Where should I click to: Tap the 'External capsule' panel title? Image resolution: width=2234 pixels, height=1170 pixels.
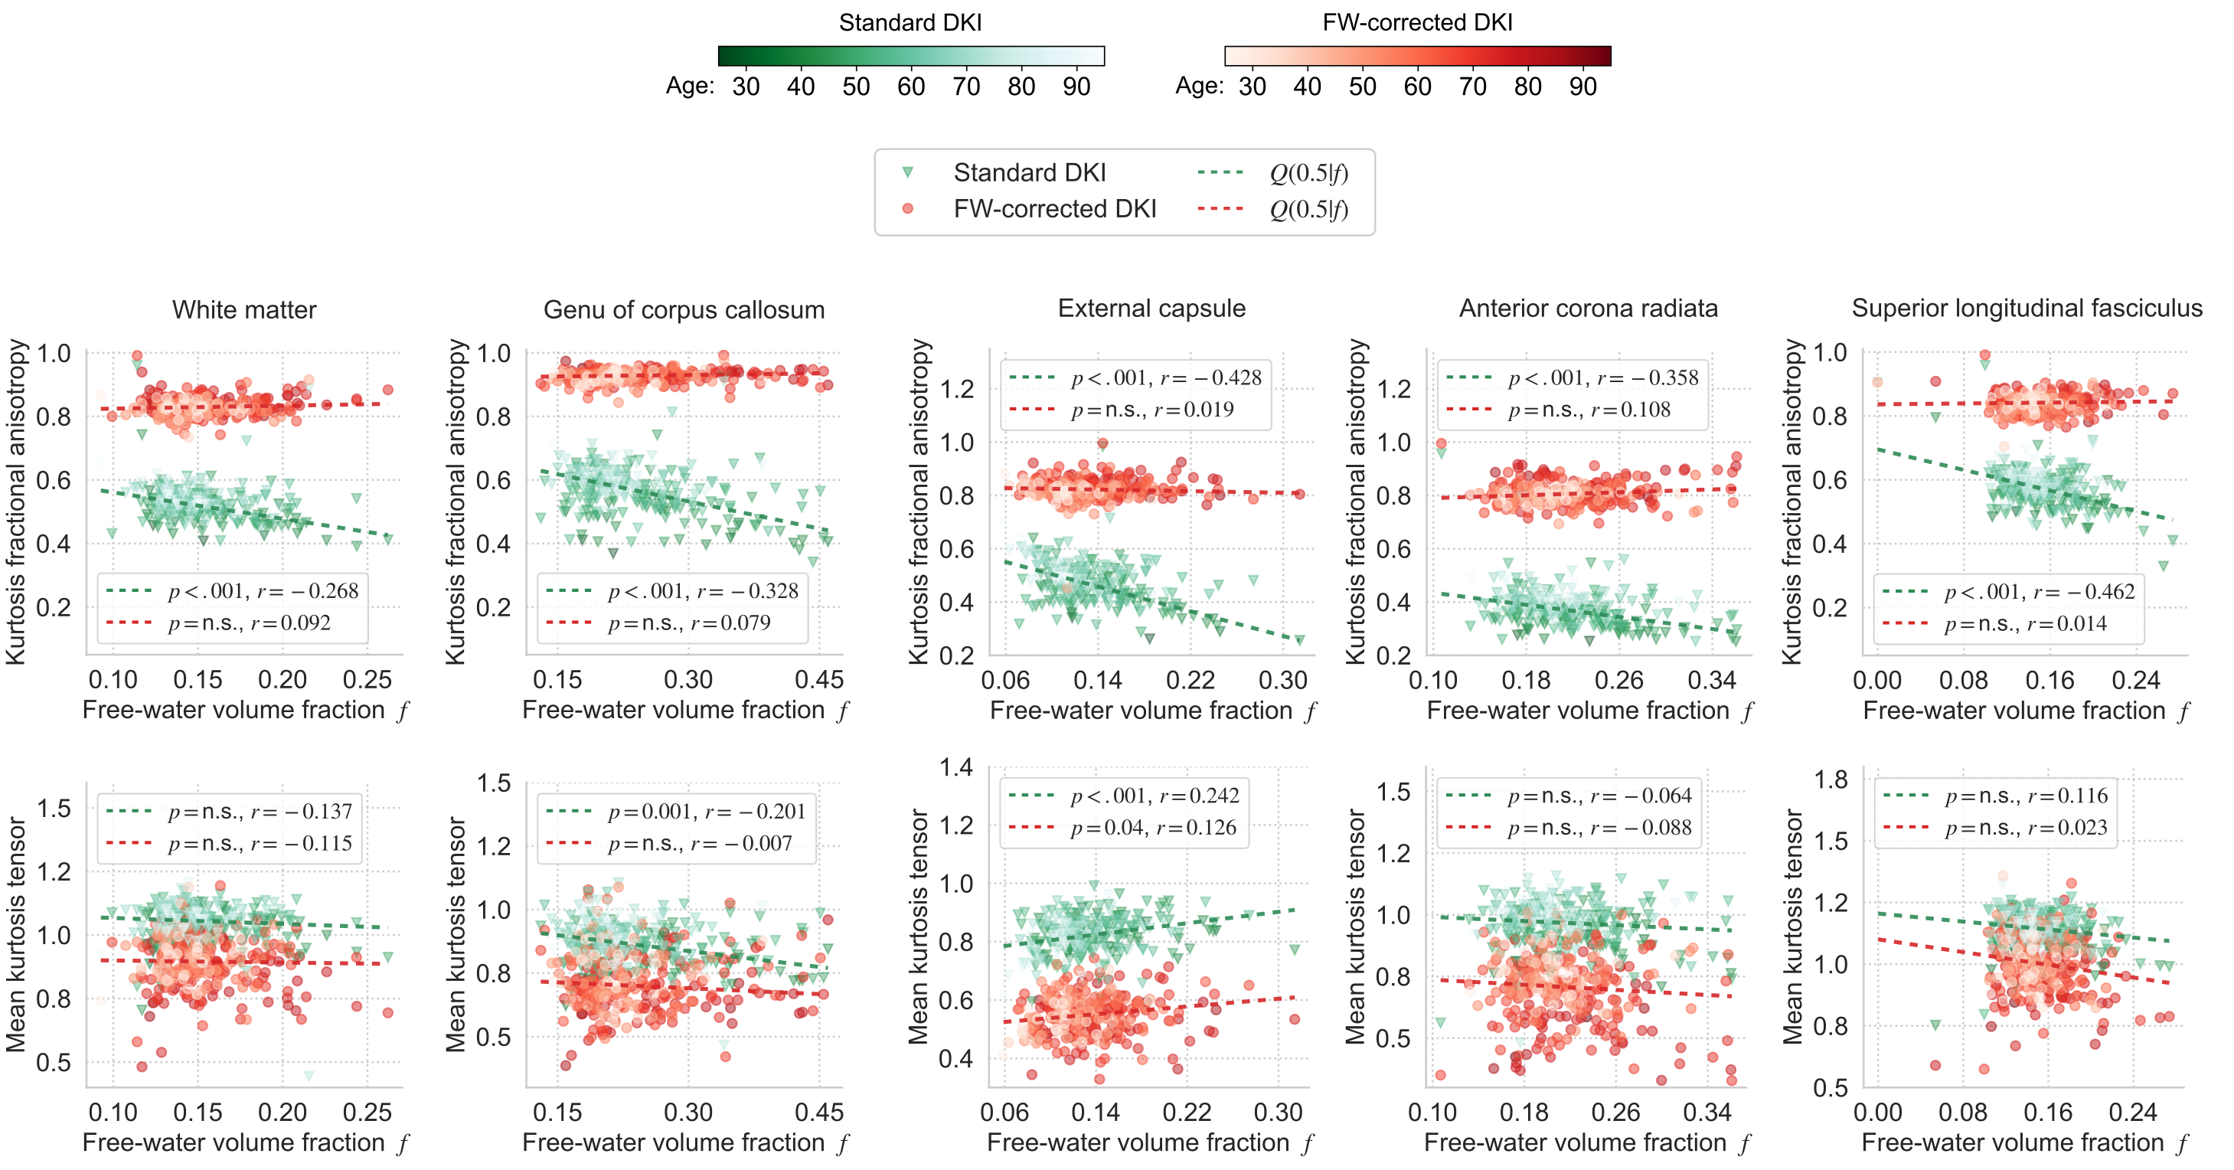click(1151, 308)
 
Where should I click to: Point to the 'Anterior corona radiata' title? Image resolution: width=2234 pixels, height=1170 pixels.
click(1588, 308)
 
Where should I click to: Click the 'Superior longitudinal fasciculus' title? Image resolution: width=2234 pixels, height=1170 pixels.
click(2027, 308)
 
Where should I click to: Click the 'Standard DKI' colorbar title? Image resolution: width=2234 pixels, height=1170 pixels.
click(910, 22)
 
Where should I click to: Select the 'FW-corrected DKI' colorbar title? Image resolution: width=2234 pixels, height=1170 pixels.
click(1417, 22)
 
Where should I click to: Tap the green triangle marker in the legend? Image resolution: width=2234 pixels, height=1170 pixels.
click(907, 172)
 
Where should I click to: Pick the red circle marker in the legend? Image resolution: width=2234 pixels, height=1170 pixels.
click(907, 209)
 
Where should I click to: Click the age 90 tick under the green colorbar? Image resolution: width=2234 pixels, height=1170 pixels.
click(1076, 87)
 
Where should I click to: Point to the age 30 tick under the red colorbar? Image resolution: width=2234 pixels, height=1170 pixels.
click(1252, 87)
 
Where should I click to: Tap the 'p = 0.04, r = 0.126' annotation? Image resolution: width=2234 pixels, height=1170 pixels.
click(1154, 828)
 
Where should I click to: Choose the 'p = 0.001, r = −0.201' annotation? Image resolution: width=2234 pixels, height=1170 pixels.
click(707, 812)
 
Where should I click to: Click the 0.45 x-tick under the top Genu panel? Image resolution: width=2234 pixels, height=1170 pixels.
click(818, 680)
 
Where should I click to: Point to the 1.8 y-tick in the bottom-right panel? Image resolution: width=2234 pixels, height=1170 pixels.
click(1831, 779)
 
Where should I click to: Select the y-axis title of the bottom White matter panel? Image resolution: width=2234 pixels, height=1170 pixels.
click(15, 935)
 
